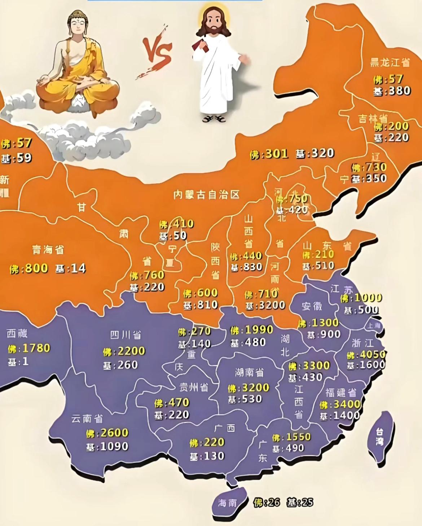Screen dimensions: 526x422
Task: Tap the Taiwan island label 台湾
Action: (379, 437)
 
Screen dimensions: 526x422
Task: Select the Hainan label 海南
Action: (227, 503)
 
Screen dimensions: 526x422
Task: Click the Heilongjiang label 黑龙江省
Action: (390, 62)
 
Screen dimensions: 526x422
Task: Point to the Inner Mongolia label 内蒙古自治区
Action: (206, 195)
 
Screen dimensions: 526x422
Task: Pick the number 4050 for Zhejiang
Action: (373, 355)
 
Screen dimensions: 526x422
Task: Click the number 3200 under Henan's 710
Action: (272, 306)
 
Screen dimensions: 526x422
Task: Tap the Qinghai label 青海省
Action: (48, 249)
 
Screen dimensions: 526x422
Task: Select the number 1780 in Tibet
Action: (36, 348)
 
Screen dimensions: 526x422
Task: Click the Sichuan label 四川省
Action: (126, 335)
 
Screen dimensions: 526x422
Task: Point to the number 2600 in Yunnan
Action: (114, 433)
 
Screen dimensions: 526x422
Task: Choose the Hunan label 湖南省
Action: (249, 372)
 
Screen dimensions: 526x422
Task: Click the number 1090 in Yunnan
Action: (114, 446)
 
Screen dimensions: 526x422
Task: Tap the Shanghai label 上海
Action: (374, 325)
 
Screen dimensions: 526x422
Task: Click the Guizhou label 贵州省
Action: (194, 387)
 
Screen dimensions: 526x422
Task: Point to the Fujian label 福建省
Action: (341, 392)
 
